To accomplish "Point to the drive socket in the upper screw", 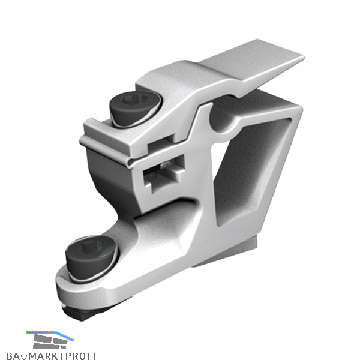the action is pos(133,100).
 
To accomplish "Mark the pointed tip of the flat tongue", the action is pos(303,56).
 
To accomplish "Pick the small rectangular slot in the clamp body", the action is pos(164,173).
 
